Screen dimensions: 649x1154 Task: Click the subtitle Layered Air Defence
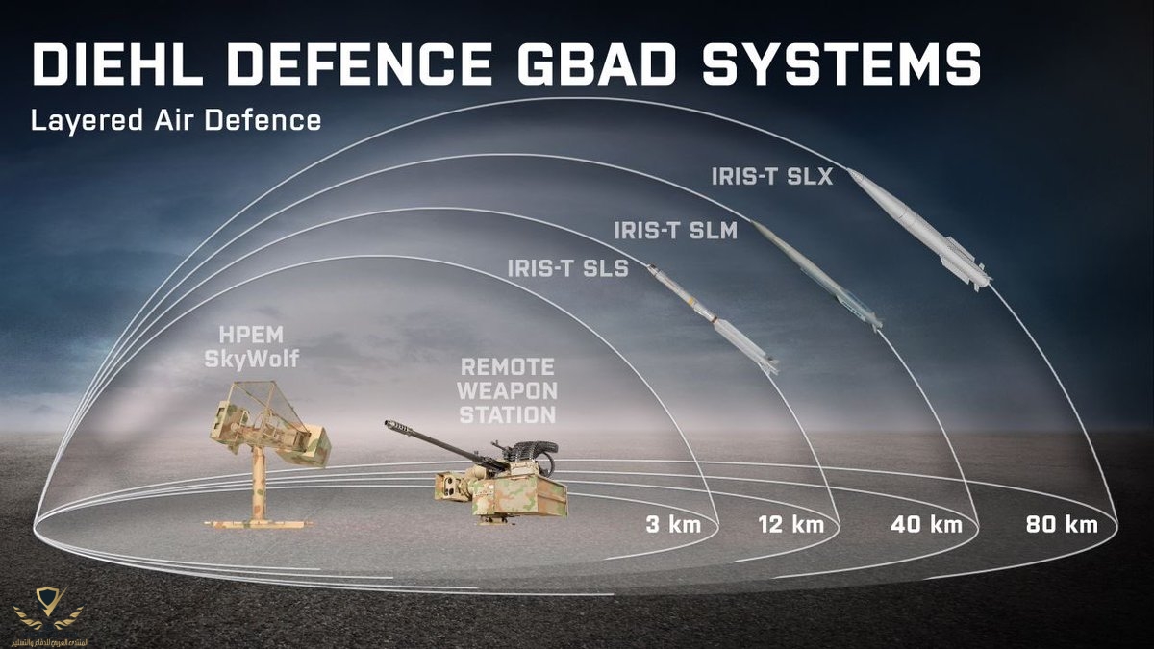click(x=174, y=122)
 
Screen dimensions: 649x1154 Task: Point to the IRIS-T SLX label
click(x=772, y=177)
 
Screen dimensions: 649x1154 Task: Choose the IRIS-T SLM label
click(x=675, y=231)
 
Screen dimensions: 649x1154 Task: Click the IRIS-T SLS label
click(x=568, y=268)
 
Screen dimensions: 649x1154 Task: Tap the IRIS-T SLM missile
click(x=815, y=274)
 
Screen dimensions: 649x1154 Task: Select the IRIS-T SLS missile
click(x=712, y=319)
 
